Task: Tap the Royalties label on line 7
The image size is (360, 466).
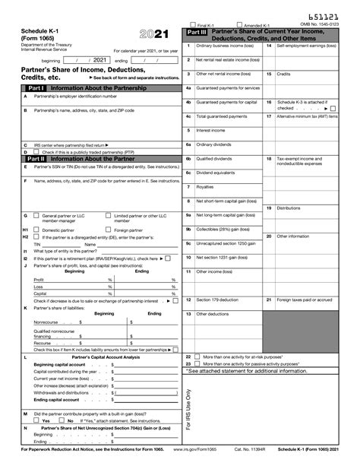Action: click(x=205, y=186)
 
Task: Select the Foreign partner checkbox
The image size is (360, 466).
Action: click(x=108, y=230)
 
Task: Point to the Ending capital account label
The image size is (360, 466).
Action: click(x=56, y=399)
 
